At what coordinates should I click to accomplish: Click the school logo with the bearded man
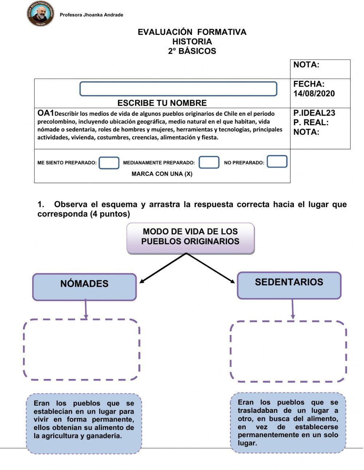[x=40, y=14]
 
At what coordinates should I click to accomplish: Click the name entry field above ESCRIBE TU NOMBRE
[x=178, y=89]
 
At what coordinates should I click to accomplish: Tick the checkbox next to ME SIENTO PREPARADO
[x=109, y=163]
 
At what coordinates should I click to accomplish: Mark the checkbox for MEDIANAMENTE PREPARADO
[x=209, y=162]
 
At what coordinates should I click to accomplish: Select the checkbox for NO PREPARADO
[x=277, y=162]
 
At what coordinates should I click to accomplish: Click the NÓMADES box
[x=84, y=287]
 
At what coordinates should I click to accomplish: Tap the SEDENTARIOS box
[x=289, y=285]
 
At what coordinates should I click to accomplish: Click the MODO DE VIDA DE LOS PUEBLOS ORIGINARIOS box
[x=190, y=238]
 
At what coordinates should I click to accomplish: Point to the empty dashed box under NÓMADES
[x=82, y=349]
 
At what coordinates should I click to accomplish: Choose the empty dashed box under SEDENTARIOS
[x=288, y=351]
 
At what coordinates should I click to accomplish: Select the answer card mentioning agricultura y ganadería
[x=84, y=423]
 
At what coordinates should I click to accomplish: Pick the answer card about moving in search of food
[x=288, y=422]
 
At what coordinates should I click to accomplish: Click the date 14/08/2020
[x=314, y=94]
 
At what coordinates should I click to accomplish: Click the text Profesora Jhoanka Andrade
[x=91, y=15]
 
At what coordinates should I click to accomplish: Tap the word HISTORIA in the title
[x=192, y=42]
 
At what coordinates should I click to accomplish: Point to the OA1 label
[x=45, y=113]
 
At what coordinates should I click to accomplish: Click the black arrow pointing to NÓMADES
[x=162, y=268]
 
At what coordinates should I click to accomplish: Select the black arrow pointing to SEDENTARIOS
[x=211, y=268]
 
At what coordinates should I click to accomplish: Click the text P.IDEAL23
[x=314, y=113]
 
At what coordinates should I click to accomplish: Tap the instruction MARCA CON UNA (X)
[x=162, y=174]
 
